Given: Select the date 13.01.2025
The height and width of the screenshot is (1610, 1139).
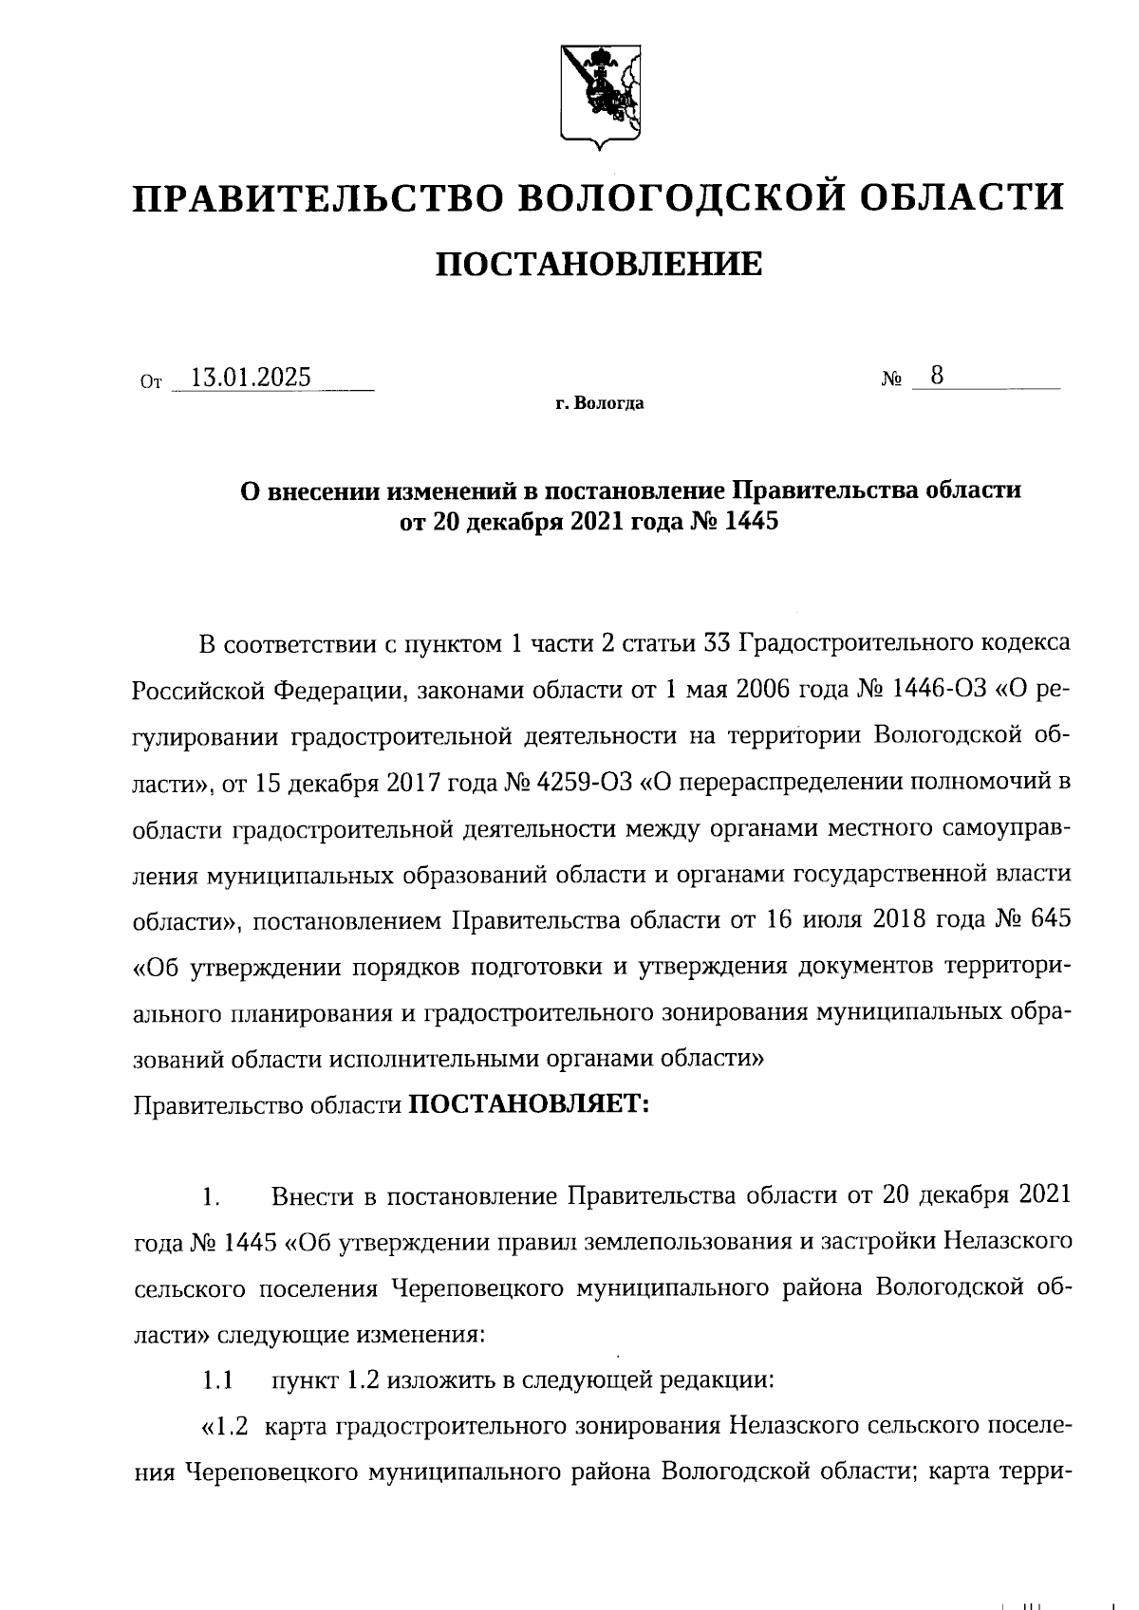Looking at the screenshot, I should click(x=251, y=378).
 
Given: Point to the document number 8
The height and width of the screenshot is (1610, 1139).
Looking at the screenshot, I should click(x=937, y=376).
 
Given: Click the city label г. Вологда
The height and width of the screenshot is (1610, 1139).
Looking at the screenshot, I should click(x=599, y=404).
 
